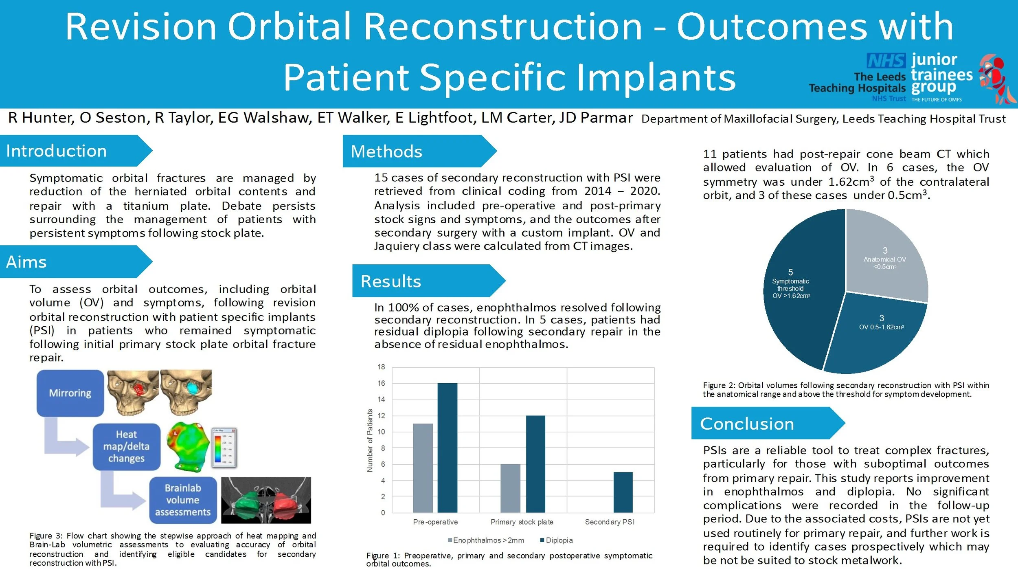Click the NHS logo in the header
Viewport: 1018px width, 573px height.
(886, 61)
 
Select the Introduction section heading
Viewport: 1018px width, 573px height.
(57, 151)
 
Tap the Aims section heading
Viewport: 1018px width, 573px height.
(26, 262)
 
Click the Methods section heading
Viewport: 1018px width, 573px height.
(386, 151)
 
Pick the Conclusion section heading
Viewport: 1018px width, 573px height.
(747, 424)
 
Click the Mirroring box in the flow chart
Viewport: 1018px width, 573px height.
(70, 393)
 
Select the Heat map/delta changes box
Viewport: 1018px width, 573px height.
(126, 447)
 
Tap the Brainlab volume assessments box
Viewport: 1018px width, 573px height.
(182, 500)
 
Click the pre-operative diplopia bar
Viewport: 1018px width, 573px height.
(447, 448)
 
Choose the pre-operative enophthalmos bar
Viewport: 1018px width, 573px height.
(423, 468)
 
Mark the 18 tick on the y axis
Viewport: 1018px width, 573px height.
(381, 367)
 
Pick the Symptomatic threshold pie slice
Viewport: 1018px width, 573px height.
(798, 293)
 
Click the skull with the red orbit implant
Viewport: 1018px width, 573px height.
(132, 391)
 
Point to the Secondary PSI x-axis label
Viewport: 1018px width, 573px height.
(610, 522)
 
